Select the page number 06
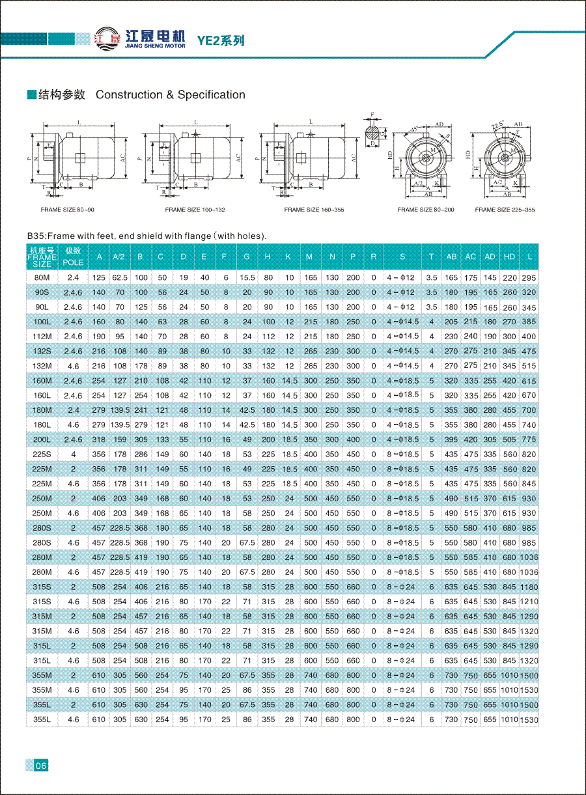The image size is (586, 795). [x=40, y=766]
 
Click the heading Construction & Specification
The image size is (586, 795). [x=171, y=95]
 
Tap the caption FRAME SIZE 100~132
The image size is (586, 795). [x=195, y=210]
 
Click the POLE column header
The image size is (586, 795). [x=73, y=257]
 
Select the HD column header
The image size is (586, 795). [x=509, y=257]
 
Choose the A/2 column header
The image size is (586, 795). [x=119, y=257]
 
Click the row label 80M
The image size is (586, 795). [x=41, y=277]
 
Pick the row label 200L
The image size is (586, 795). [x=41, y=439]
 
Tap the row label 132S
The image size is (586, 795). [x=41, y=351]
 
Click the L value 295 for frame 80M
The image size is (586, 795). [x=529, y=278]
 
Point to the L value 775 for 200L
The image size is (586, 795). [x=529, y=439]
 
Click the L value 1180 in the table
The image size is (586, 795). [x=529, y=587]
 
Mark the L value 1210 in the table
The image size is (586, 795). [x=529, y=602]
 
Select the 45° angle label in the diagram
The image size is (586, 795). [x=413, y=129]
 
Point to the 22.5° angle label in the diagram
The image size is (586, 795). [x=499, y=125]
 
